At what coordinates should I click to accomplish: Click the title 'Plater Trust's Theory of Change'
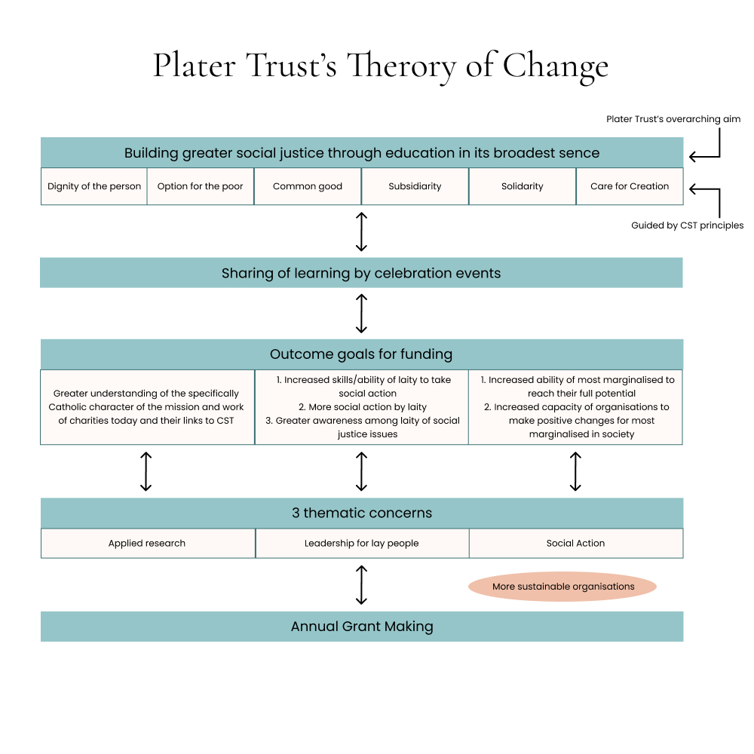tap(381, 66)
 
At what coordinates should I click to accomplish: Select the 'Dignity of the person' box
tap(94, 186)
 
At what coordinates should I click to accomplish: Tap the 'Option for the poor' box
tap(201, 186)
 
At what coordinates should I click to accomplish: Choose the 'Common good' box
tap(308, 186)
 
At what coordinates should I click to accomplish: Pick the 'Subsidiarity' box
tap(415, 186)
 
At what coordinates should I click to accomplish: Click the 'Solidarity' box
tap(523, 186)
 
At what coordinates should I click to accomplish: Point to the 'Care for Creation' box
tap(630, 186)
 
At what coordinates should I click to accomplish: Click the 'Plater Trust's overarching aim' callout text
tap(673, 119)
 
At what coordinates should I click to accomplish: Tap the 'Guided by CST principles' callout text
tap(687, 225)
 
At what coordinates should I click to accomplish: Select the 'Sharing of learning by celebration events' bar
tap(361, 273)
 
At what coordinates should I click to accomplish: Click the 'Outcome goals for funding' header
tap(361, 354)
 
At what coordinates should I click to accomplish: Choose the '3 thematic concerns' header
tap(361, 513)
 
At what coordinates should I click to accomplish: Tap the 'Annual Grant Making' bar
tap(361, 627)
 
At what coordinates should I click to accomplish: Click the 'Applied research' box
tap(147, 543)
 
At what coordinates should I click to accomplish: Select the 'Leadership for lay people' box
tap(361, 543)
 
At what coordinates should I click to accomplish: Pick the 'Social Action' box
tap(575, 543)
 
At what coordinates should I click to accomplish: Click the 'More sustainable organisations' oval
tap(562, 587)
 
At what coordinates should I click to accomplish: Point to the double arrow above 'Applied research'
tap(146, 471)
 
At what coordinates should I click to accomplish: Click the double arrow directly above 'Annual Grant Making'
tap(361, 584)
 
